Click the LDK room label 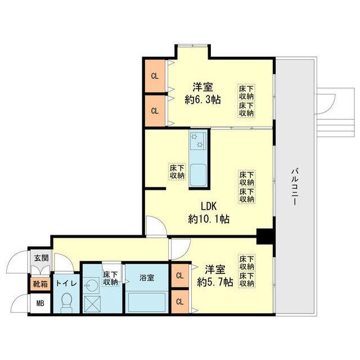(x=209, y=206)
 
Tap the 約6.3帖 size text (x=202, y=100)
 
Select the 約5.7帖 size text (x=215, y=282)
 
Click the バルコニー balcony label (x=295, y=186)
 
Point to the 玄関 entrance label (x=41, y=258)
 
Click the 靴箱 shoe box (x=40, y=284)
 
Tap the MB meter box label (x=40, y=303)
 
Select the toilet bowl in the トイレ (x=67, y=302)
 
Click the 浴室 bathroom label (x=147, y=277)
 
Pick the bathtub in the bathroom (x=147, y=303)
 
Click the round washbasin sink (x=91, y=285)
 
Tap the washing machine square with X (x=92, y=304)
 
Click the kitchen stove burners (x=197, y=141)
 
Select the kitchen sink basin (x=198, y=174)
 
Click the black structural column (x=264, y=236)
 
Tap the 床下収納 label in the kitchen (x=177, y=172)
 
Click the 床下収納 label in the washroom (x=110, y=278)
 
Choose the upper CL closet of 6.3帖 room (x=155, y=76)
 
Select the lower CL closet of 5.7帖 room (x=180, y=301)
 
